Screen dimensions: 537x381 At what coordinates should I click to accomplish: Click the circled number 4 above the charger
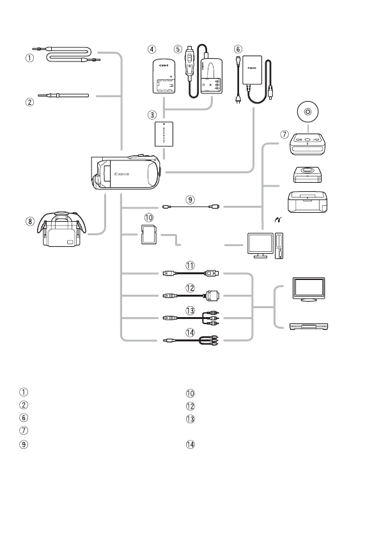tap(151, 49)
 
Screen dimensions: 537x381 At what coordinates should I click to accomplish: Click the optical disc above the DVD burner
tap(308, 111)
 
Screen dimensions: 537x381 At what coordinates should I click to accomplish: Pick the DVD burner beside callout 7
tap(308, 145)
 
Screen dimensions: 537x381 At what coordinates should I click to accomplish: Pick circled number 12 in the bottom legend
tap(190, 405)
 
